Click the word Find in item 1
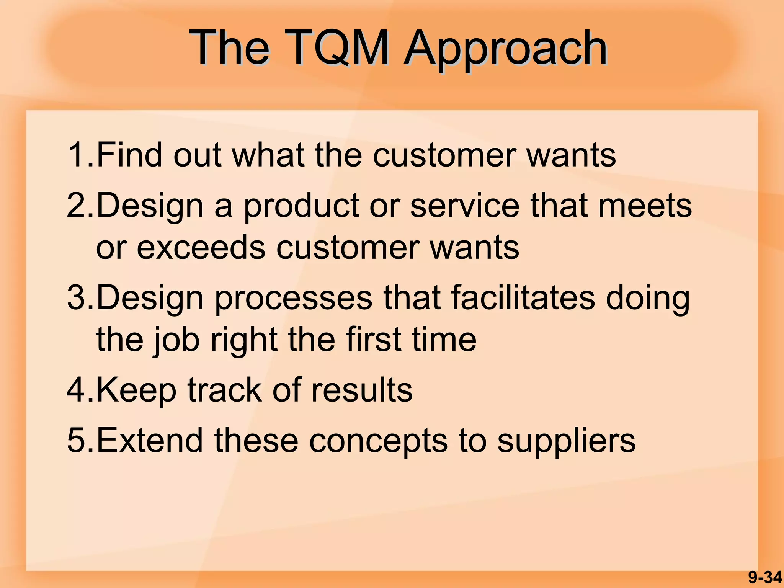coord(129,155)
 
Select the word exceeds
coord(201,248)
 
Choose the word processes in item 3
coord(293,299)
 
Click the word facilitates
coord(523,298)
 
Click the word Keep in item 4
coord(136,391)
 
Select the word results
coord(362,390)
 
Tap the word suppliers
coord(566,442)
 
